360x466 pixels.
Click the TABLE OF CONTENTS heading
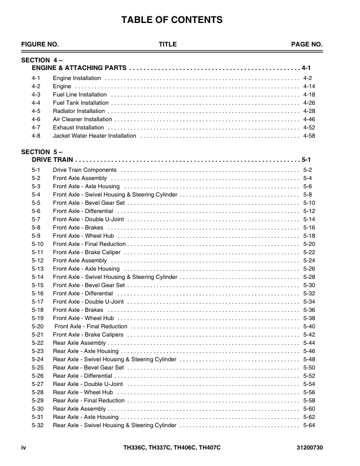(172, 21)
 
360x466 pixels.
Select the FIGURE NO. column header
(40, 44)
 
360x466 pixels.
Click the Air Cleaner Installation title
(82, 119)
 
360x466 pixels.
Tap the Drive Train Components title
(85, 170)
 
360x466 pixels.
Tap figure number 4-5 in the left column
(36, 111)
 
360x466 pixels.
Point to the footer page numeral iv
(24, 448)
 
